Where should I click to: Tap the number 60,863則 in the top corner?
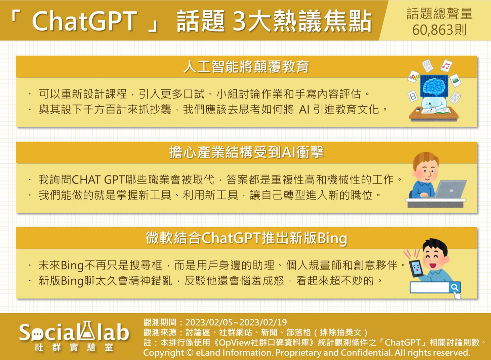439,30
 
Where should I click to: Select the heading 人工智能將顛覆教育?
246,67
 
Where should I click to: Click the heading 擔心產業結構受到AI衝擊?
246,152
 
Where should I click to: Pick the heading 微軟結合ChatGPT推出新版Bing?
246,238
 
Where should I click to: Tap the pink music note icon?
446,66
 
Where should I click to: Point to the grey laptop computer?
450,190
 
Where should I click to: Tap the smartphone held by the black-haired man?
416,269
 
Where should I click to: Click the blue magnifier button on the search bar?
454,287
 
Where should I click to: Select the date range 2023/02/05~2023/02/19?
236,322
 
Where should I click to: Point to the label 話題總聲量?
439,14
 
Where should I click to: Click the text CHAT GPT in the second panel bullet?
98,180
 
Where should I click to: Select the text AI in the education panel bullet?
304,110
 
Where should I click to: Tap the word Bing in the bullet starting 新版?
72,281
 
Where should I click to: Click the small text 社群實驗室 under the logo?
74,348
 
